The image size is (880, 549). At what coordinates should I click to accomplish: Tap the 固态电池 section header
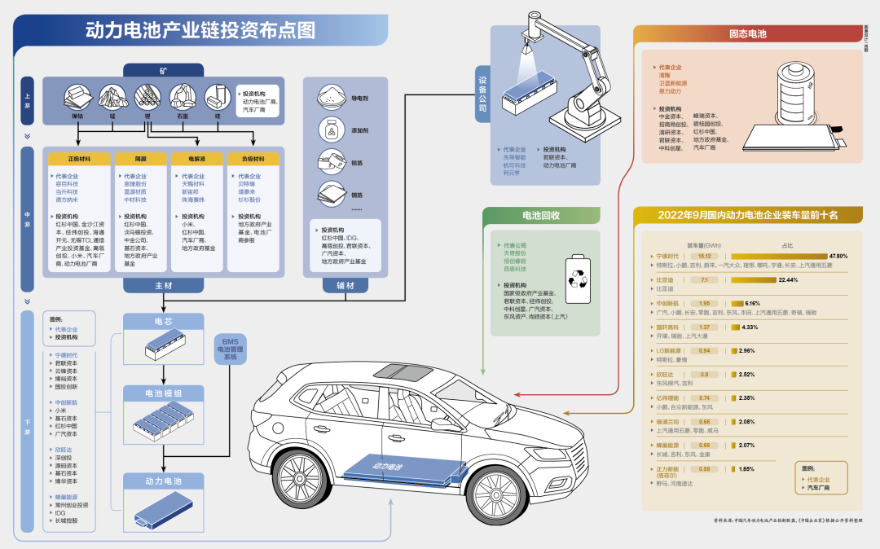[x=746, y=34]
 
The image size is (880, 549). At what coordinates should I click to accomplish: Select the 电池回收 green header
[x=541, y=216]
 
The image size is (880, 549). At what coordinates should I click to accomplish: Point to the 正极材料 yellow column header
[x=79, y=159]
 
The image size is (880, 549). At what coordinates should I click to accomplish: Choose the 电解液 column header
[x=196, y=159]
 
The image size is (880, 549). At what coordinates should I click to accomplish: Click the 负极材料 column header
[x=253, y=159]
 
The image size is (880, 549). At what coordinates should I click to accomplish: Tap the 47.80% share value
[x=838, y=256]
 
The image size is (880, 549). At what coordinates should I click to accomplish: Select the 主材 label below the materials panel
[x=163, y=286]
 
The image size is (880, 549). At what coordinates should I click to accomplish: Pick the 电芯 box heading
[x=163, y=322]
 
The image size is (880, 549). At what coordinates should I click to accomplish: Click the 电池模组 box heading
[x=163, y=393]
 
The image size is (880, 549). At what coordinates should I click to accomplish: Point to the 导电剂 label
[x=360, y=99]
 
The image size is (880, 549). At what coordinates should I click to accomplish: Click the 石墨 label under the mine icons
[x=183, y=116]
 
